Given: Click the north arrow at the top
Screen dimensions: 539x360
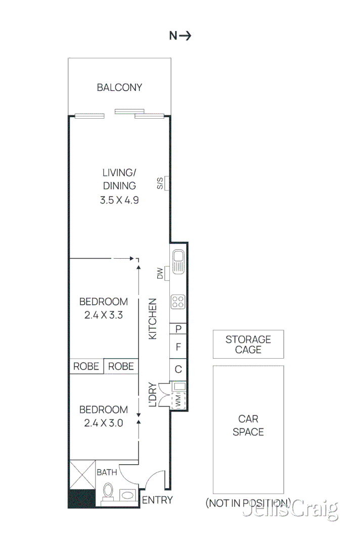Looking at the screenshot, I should [180, 36].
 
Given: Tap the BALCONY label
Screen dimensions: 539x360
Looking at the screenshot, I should [119, 87].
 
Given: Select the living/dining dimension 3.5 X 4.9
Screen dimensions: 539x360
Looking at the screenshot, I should [119, 200].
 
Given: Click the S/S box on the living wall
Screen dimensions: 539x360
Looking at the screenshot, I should [166, 183].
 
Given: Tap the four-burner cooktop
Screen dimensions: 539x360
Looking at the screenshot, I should [178, 302].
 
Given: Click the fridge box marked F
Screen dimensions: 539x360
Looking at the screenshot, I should [178, 347].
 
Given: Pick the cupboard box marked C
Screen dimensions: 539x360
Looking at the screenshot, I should [178, 369].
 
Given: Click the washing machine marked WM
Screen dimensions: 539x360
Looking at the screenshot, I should [178, 402].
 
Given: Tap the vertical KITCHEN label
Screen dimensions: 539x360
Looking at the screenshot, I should [153, 319].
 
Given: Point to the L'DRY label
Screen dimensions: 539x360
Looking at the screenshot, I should [153, 394].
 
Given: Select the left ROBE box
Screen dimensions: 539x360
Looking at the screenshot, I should [86, 366].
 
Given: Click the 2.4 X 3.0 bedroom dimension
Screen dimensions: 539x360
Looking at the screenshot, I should [104, 423].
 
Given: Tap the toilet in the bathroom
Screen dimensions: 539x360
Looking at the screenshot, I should [108, 491].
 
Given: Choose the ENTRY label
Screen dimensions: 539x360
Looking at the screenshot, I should [157, 500].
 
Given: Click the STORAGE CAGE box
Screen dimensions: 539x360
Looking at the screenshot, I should [248, 345].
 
